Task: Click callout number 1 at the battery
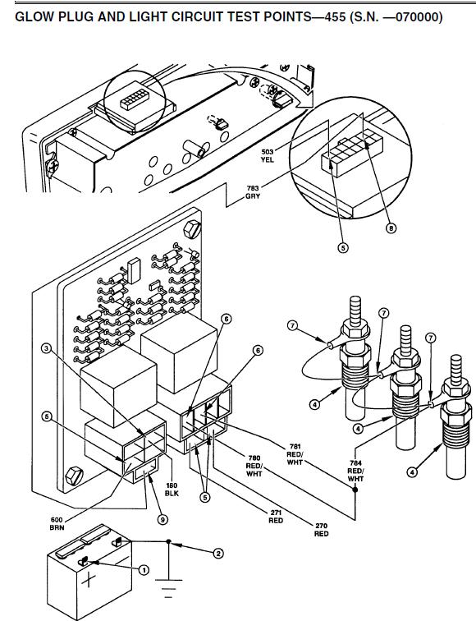tap(144, 570)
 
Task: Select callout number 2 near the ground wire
tap(218, 554)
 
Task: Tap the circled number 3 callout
tap(47, 348)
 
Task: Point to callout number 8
tap(391, 228)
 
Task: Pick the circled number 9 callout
tap(162, 519)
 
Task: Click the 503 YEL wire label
tap(268, 155)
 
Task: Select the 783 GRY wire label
tap(253, 192)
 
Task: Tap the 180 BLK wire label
tap(172, 490)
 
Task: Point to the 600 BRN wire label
tap(57, 523)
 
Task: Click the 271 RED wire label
tap(276, 517)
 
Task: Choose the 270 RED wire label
tap(321, 530)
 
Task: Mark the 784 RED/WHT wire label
tap(355, 471)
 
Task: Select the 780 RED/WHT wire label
tap(254, 466)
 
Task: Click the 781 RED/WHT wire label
tap(295, 454)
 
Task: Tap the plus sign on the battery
tap(89, 581)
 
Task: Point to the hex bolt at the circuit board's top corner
tap(192, 230)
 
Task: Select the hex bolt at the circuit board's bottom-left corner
tap(75, 476)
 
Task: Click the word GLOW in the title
tap(34, 16)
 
